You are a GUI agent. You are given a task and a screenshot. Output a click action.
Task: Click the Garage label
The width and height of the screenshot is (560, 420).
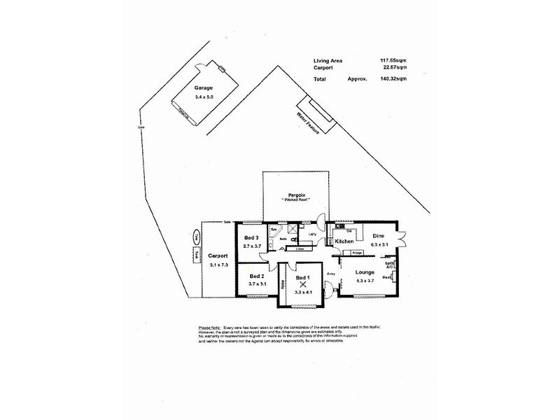pos(204,88)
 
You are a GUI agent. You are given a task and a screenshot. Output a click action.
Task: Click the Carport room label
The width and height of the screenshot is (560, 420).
pos(219,255)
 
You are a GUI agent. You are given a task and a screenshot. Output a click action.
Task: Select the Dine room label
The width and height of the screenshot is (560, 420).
pos(379,236)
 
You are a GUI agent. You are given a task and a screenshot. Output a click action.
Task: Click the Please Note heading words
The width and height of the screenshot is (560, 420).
pos(210,327)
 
